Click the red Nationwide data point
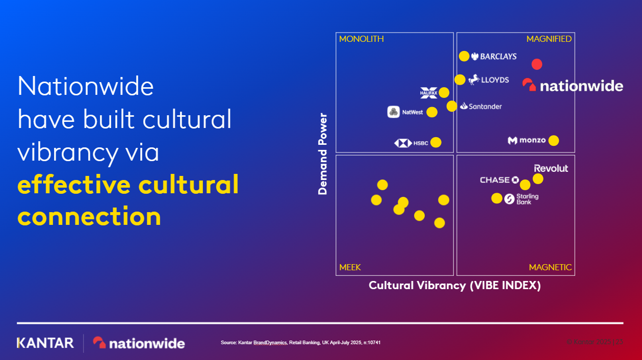(x=536, y=64)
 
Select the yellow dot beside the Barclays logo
(x=464, y=56)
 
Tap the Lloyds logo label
(x=489, y=80)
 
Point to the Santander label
(x=481, y=107)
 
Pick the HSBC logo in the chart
(x=410, y=143)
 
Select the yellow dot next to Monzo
(x=553, y=140)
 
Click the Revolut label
(x=551, y=168)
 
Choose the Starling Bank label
(x=521, y=199)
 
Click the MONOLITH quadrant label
(x=362, y=39)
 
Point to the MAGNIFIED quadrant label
(x=549, y=39)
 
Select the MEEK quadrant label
(x=350, y=267)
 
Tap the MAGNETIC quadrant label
(x=550, y=267)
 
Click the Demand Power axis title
(x=322, y=153)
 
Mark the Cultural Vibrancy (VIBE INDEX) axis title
(x=454, y=286)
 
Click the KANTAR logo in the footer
(x=45, y=343)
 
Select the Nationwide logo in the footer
(x=139, y=343)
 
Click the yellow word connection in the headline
(x=89, y=217)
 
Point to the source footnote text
(x=300, y=343)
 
